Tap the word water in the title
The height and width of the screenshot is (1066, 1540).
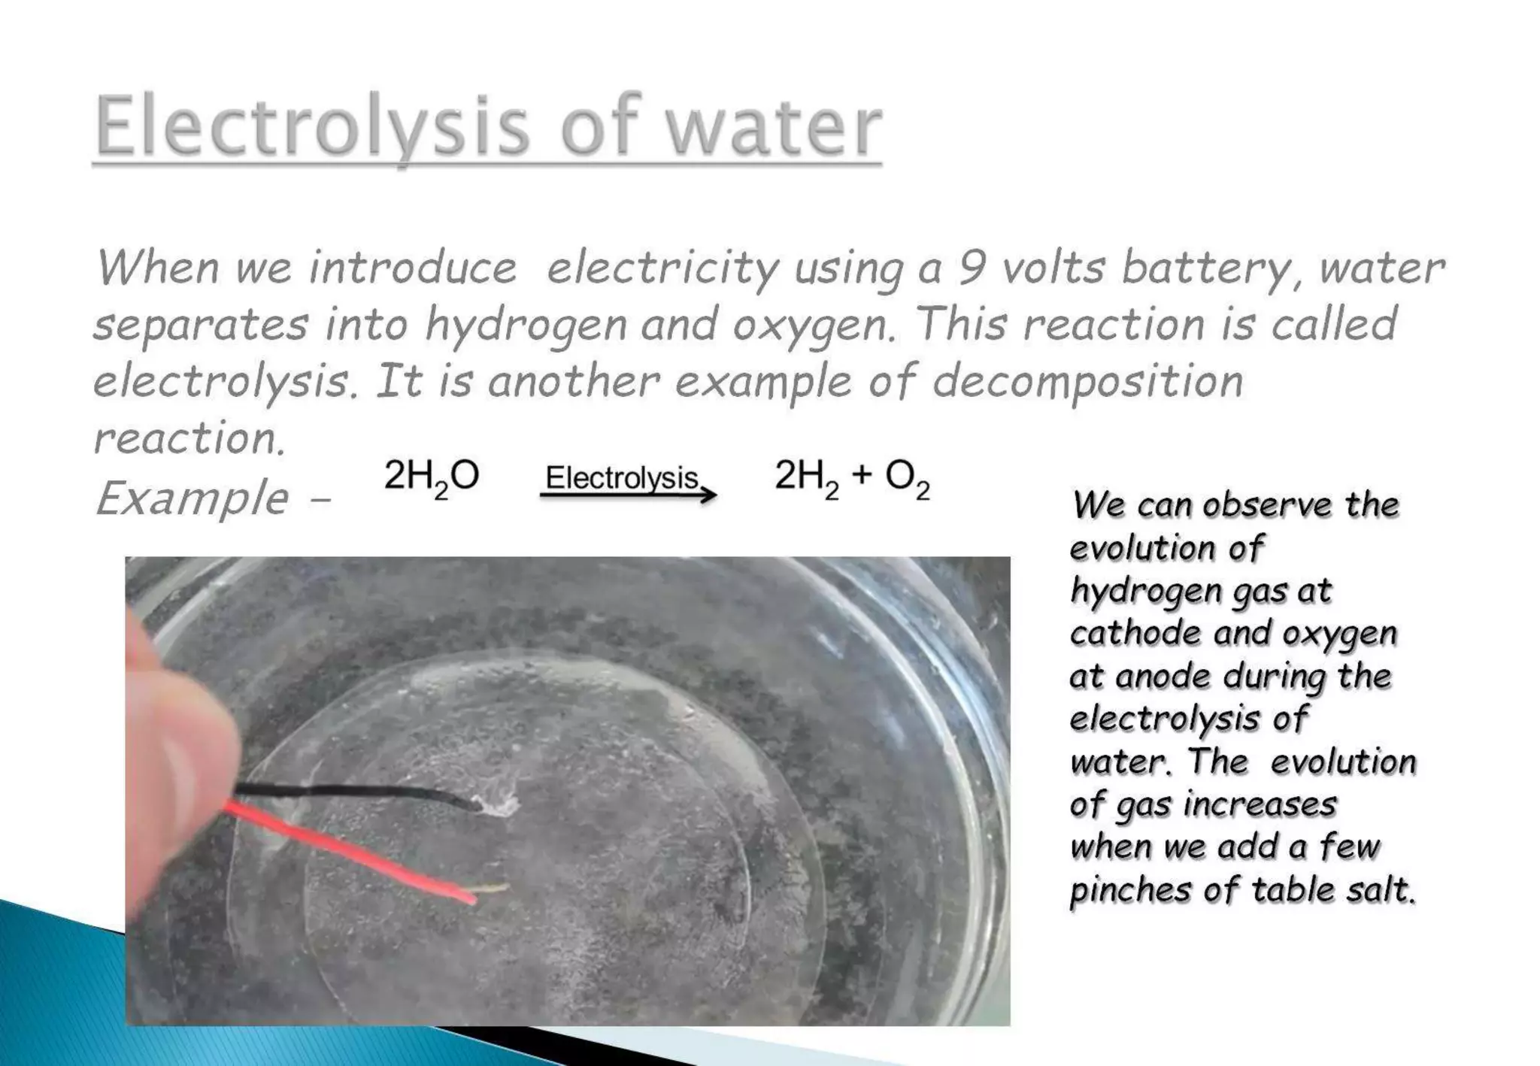(x=774, y=126)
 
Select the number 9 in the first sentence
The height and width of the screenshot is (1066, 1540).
(x=971, y=268)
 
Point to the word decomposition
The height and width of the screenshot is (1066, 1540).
(x=1087, y=382)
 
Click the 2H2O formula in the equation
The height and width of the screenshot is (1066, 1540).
(x=431, y=477)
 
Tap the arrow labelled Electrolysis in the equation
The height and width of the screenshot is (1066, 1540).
(x=628, y=495)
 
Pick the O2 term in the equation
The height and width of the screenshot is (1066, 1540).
(x=907, y=477)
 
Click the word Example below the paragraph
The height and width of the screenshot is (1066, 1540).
(x=192, y=498)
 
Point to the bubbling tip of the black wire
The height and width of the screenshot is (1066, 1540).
(x=499, y=806)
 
